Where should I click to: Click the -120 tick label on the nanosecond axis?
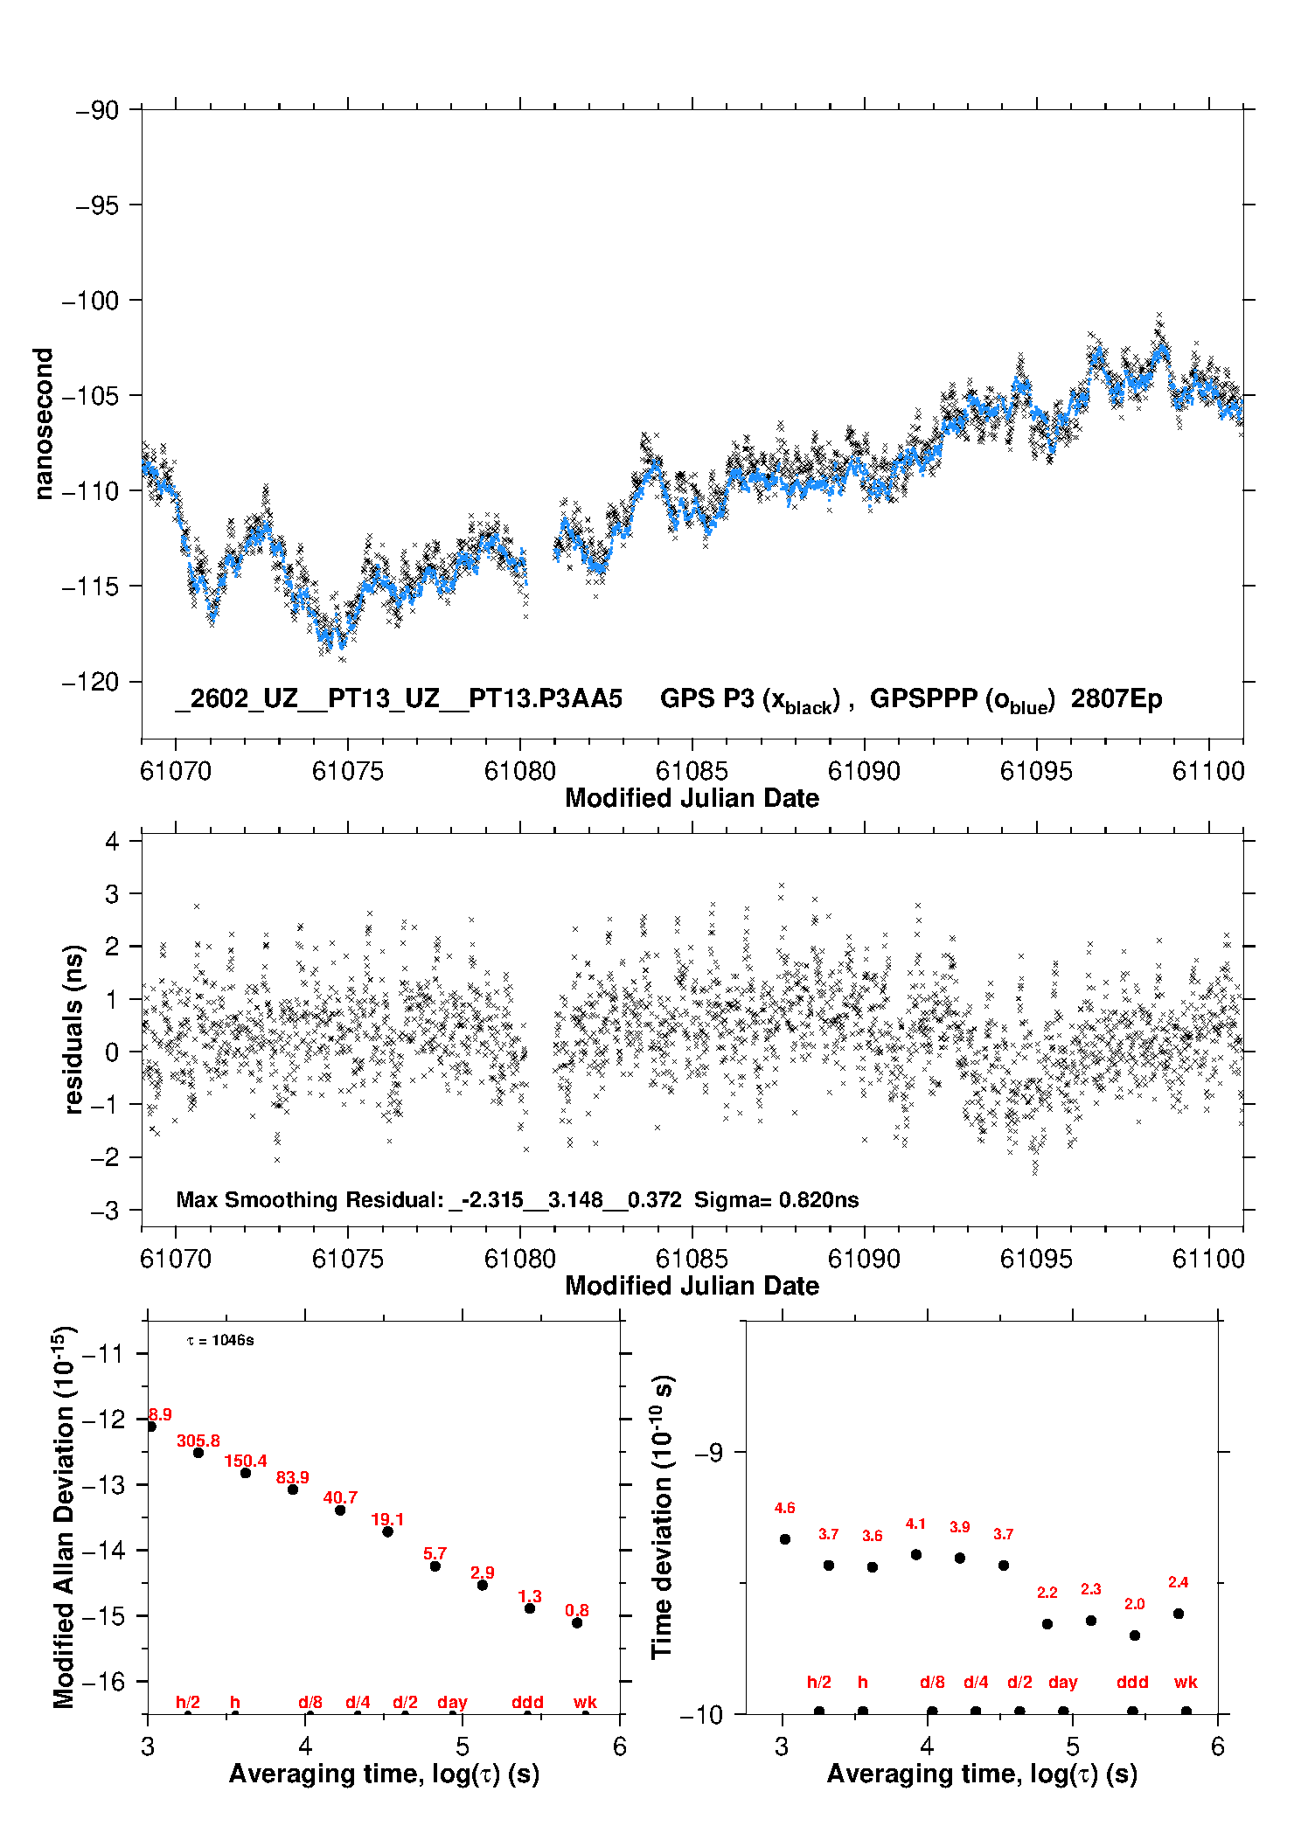90,682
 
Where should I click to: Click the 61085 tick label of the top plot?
692,771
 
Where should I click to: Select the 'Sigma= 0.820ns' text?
776,1199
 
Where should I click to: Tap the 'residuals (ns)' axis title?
74,1029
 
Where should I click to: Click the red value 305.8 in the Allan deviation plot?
198,1441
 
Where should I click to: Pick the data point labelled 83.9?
293,1489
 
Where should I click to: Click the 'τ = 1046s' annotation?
220,1340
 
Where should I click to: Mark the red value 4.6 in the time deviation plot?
784,1508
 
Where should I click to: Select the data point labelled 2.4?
1179,1614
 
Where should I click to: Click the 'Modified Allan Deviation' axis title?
64,1517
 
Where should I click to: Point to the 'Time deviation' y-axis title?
662,1517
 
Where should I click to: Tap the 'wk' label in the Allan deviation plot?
585,1702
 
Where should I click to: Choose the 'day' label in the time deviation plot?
1062,1682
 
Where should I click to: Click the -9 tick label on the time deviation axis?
708,1452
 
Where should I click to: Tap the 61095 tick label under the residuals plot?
1036,1259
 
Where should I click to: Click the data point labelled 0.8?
577,1623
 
